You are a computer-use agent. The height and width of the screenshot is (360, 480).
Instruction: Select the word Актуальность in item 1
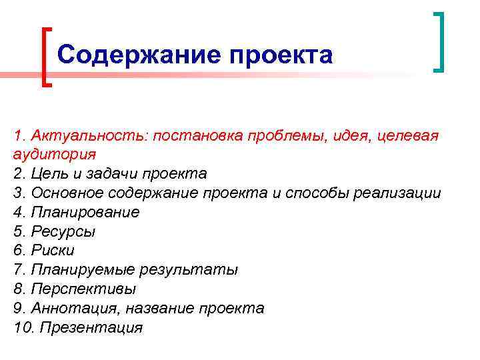pos(89,136)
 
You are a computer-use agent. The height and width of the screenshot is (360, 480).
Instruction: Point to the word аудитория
pos(54,155)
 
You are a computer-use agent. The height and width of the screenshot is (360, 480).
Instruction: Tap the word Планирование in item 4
pos(83,213)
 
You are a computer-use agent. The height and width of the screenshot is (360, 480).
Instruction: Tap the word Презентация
pos(91,328)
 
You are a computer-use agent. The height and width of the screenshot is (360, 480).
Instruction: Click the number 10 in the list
pos(23,328)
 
